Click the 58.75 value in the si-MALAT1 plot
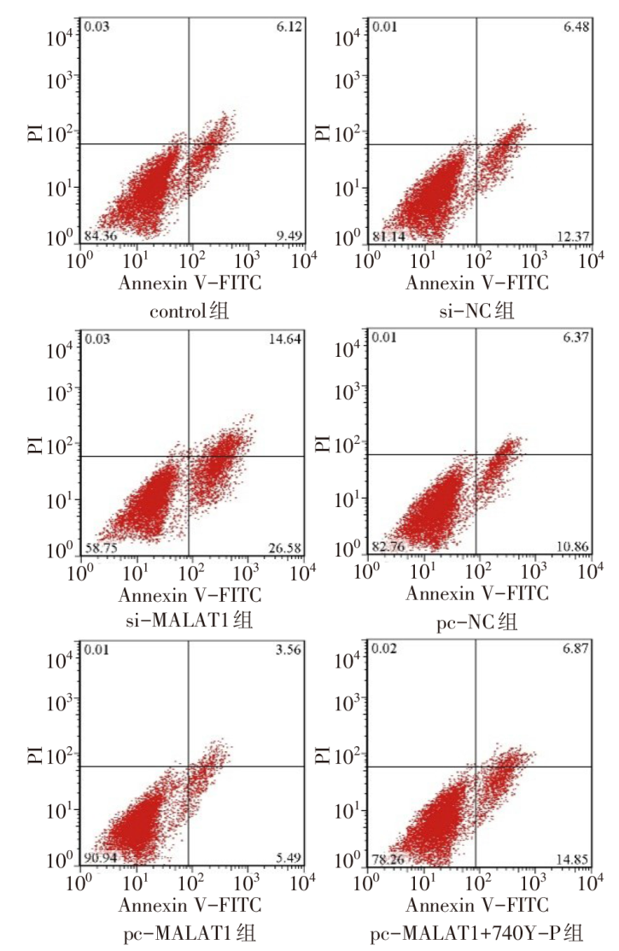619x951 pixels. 101,547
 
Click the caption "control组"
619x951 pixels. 190,311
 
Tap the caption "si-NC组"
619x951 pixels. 478,311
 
